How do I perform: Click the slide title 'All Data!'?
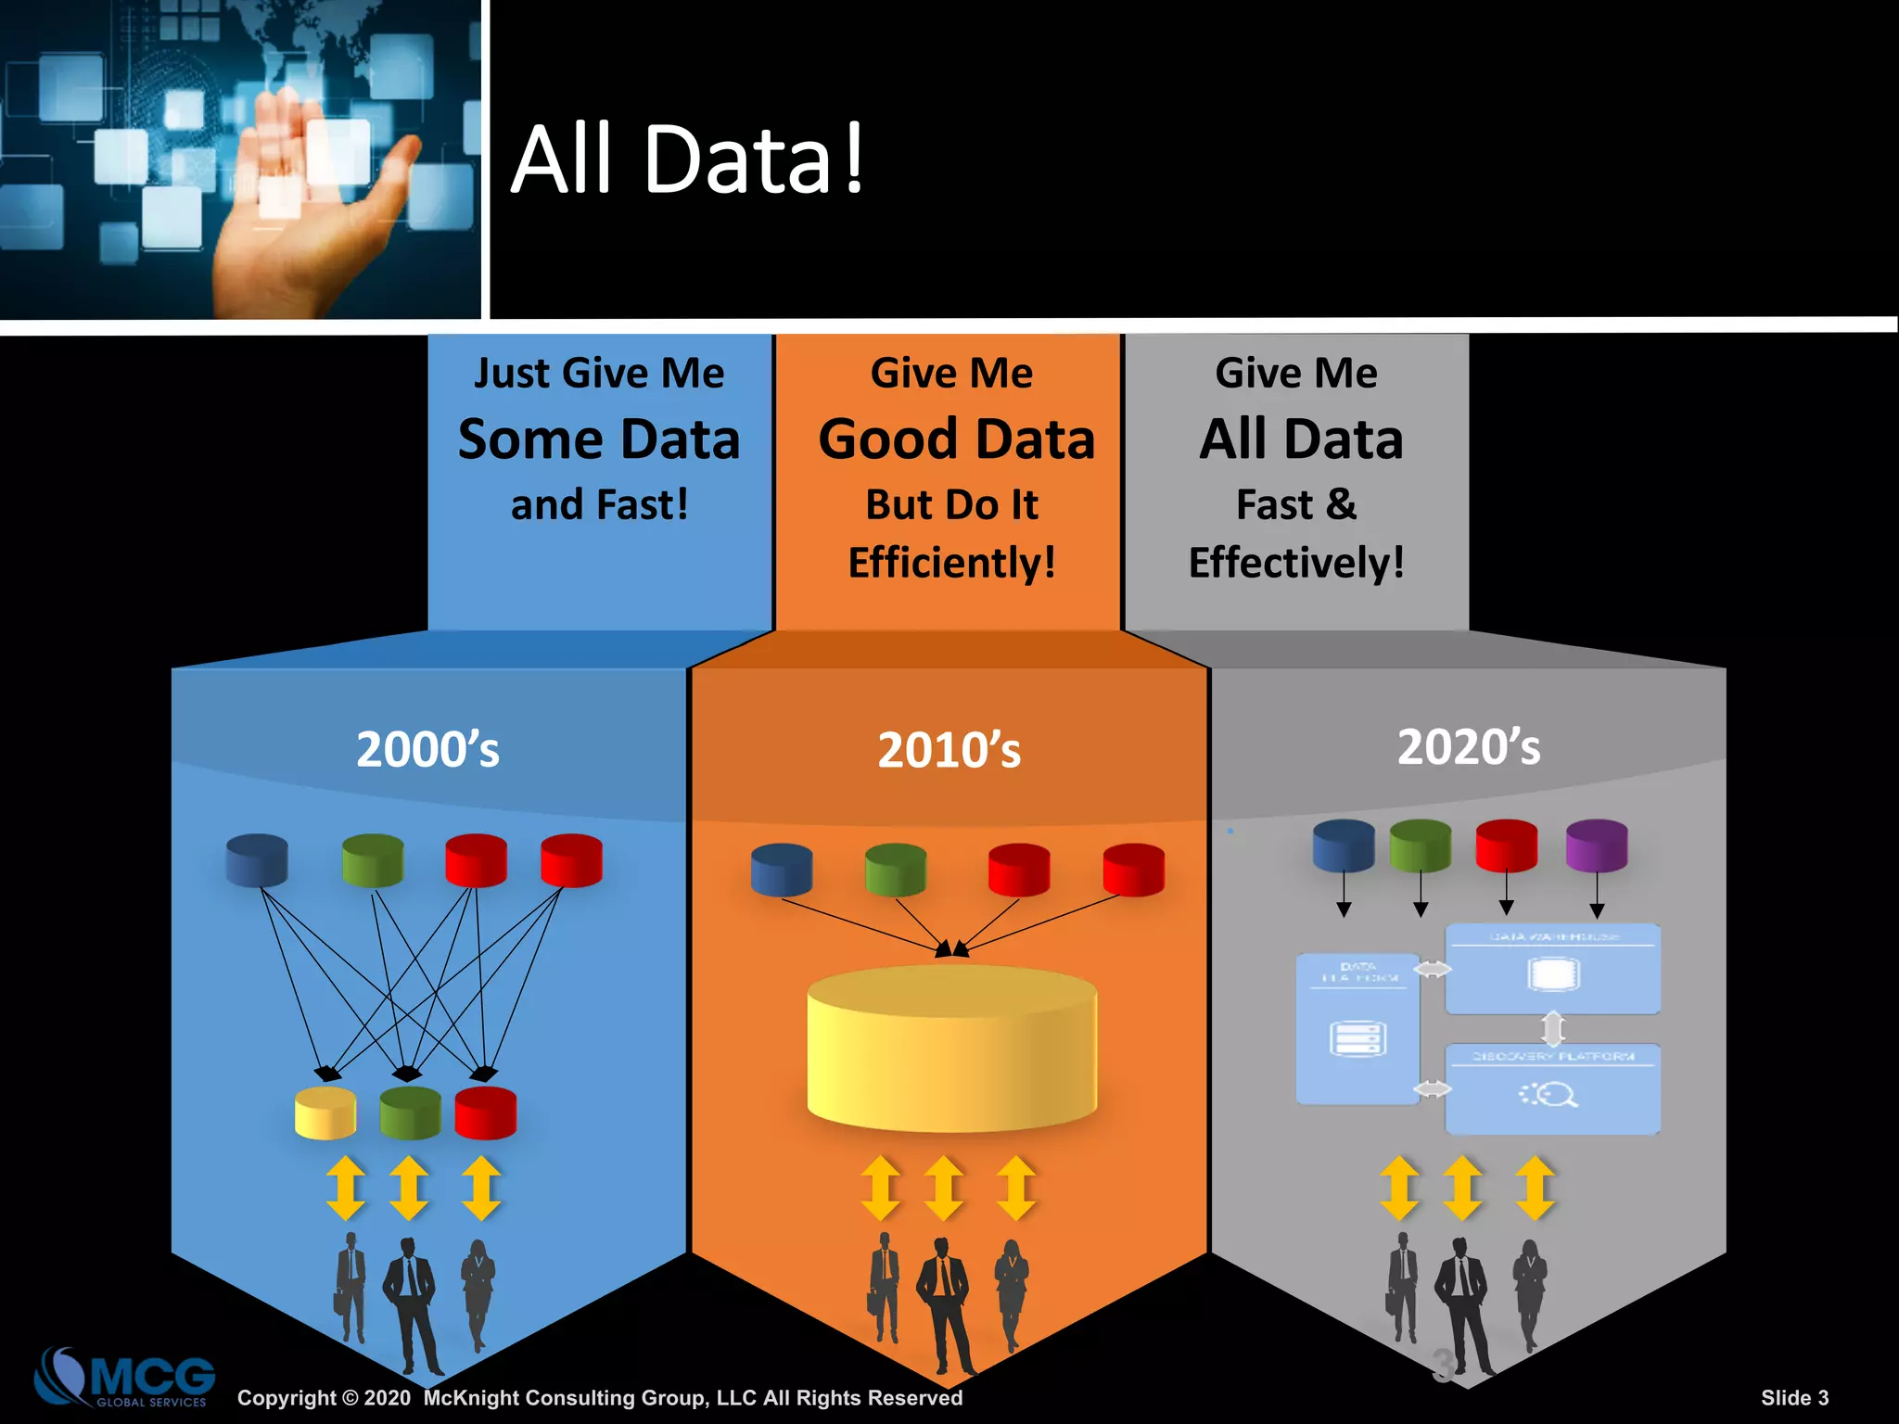click(x=687, y=159)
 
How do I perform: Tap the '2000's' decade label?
click(x=427, y=749)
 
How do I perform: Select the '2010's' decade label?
click(x=949, y=750)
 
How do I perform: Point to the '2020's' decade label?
click(x=1469, y=746)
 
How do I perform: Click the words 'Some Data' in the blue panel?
click(x=599, y=439)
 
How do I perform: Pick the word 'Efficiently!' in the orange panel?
click(x=951, y=563)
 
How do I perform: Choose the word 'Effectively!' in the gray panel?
click(x=1296, y=563)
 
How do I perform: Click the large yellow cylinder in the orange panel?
click(x=951, y=1048)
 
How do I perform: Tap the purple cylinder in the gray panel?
click(x=1596, y=845)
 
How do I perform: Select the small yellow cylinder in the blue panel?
click(x=325, y=1112)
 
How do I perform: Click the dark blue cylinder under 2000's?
click(x=257, y=860)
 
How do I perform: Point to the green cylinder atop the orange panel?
click(x=896, y=870)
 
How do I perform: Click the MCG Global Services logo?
click(x=125, y=1378)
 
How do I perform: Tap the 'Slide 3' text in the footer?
click(x=1794, y=1398)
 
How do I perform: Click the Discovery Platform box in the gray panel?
click(x=1552, y=1089)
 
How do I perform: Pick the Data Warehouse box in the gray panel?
click(x=1552, y=969)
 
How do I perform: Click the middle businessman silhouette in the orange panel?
click(x=944, y=1303)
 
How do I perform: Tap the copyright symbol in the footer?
click(x=350, y=1398)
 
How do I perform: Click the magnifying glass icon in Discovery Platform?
click(x=1556, y=1095)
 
